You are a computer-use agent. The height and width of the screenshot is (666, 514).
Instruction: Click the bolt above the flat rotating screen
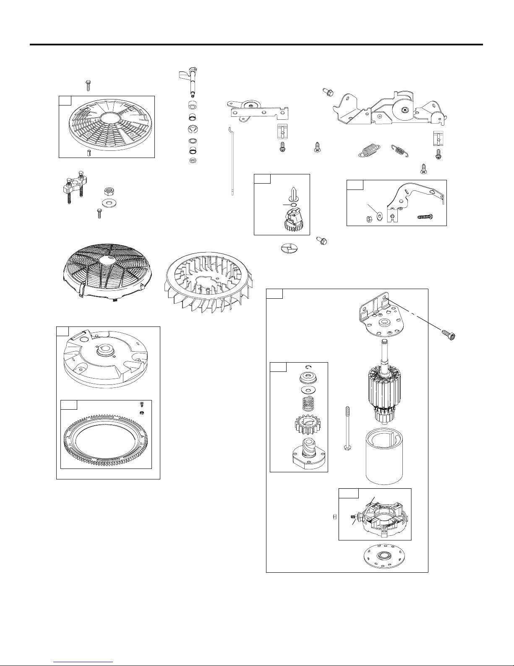pyautogui.click(x=88, y=85)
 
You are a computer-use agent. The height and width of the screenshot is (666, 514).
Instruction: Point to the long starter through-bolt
pyautogui.click(x=348, y=429)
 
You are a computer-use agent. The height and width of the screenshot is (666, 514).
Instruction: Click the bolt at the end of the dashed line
pyautogui.click(x=449, y=335)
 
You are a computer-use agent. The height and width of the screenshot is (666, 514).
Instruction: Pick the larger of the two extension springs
pyautogui.click(x=369, y=150)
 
